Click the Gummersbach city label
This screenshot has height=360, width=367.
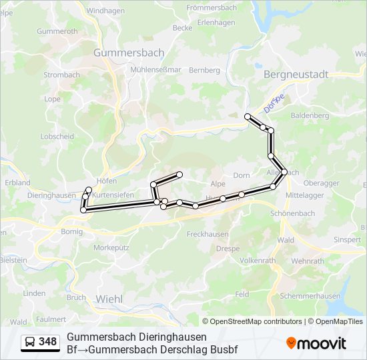129,52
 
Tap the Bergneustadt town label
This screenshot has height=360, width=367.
296,75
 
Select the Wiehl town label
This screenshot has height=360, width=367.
109,299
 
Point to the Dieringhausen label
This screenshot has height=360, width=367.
51,195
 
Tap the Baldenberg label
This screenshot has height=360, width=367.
310,115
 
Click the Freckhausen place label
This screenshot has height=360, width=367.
208,234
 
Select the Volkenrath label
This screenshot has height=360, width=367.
257,260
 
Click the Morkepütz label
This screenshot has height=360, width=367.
111,247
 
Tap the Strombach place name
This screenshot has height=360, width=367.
61,75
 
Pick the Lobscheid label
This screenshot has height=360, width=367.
57,136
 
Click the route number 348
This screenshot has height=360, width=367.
47,342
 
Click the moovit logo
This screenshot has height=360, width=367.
316,343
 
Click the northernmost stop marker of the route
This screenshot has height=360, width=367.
248,117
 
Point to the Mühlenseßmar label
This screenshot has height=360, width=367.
156,69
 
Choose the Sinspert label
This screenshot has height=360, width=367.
347,239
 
